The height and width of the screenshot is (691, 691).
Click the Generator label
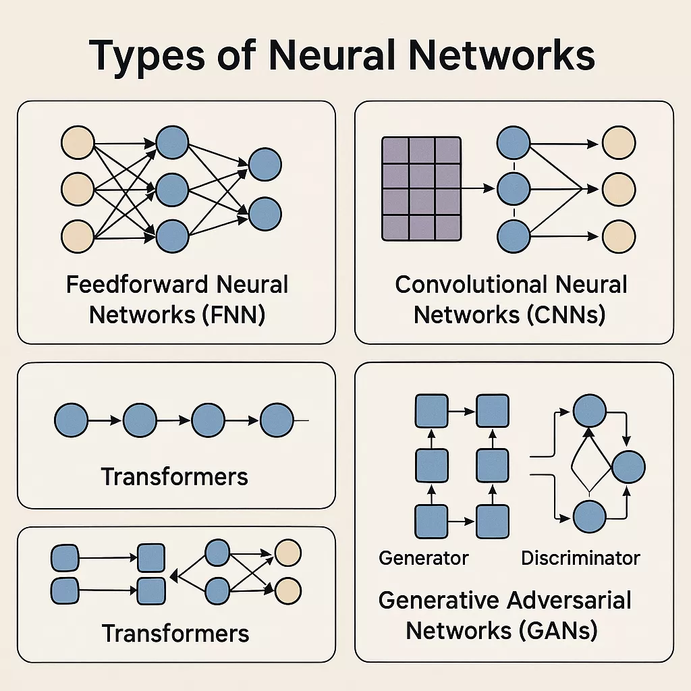point(424,558)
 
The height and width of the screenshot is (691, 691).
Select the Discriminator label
point(580,558)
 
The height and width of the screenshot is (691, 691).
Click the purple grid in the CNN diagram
point(421,189)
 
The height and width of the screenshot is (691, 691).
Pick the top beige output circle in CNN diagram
point(618,143)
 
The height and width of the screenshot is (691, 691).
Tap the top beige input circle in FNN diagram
point(78,143)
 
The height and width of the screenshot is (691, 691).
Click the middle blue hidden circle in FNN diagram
point(173,190)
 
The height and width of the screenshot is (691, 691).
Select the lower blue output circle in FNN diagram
point(265,213)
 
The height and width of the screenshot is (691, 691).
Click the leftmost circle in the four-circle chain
point(71,420)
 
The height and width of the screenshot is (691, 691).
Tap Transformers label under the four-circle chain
point(175,477)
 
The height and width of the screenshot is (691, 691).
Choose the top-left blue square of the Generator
point(431,411)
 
